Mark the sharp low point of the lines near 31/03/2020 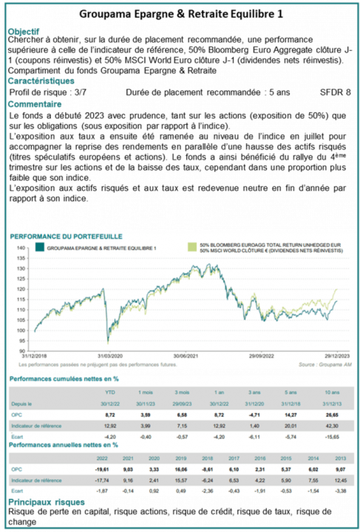click(108, 341)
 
